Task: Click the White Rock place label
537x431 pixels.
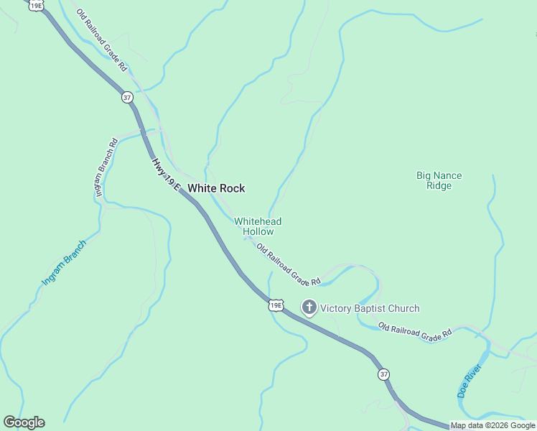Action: pyautogui.click(x=216, y=188)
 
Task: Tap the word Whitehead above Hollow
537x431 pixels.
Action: pyautogui.click(x=258, y=221)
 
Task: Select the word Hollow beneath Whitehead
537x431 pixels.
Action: pyautogui.click(x=258, y=232)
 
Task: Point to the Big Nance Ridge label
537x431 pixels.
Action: pyautogui.click(x=439, y=180)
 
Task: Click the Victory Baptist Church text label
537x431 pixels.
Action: pyautogui.click(x=370, y=309)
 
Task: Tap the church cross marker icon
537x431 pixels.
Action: pyautogui.click(x=309, y=308)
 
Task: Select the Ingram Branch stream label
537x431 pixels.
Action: pyautogui.click(x=64, y=263)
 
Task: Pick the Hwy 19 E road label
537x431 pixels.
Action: pyautogui.click(x=165, y=175)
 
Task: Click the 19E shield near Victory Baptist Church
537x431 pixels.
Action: pyautogui.click(x=276, y=305)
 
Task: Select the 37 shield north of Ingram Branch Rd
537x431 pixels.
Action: pyautogui.click(x=127, y=97)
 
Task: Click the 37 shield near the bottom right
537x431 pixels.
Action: pyautogui.click(x=384, y=374)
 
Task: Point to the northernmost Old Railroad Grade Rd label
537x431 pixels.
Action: pyautogui.click(x=102, y=42)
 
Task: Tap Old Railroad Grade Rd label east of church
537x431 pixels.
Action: pyautogui.click(x=416, y=330)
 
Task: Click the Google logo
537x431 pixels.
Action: pyautogui.click(x=24, y=422)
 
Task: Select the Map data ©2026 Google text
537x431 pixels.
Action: pyautogui.click(x=492, y=425)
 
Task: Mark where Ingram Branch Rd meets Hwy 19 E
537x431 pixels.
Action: pyautogui.click(x=144, y=133)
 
